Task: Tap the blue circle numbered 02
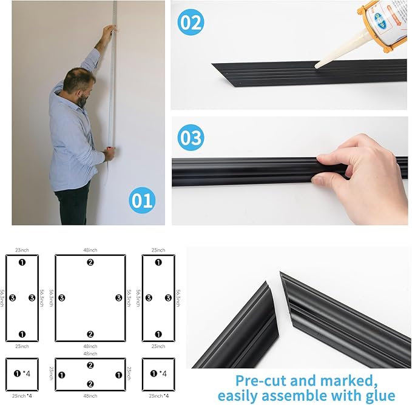(x=190, y=23)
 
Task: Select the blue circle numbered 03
(x=191, y=138)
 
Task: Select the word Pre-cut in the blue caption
(x=258, y=380)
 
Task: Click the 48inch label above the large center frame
(x=90, y=249)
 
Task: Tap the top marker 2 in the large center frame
(x=90, y=262)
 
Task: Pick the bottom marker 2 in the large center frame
(x=90, y=333)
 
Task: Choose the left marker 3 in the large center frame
(x=61, y=298)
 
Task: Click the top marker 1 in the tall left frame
(x=22, y=262)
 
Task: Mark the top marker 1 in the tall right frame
(x=158, y=262)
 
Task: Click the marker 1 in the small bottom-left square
(x=18, y=373)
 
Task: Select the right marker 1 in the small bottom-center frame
(x=119, y=374)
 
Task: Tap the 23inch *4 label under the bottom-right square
(x=158, y=395)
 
